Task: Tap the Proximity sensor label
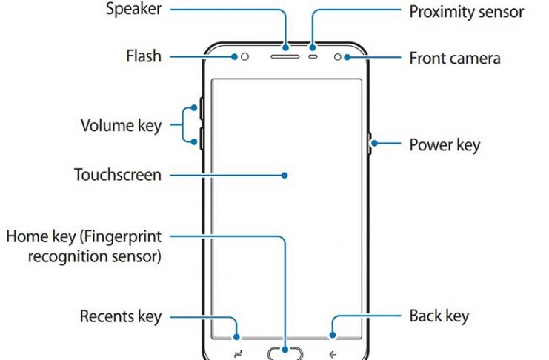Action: pos(466,12)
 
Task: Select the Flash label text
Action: pos(144,56)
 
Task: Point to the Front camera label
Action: pos(455,58)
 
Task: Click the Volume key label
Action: pos(121,125)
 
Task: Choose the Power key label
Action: pos(445,144)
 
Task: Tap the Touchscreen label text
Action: pos(117,176)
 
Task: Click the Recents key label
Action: pos(121,317)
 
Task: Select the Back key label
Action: pos(439,316)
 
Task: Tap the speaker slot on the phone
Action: pos(285,55)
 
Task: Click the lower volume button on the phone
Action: pos(201,137)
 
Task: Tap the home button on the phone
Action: pos(285,352)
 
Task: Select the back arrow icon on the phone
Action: pos(333,352)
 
